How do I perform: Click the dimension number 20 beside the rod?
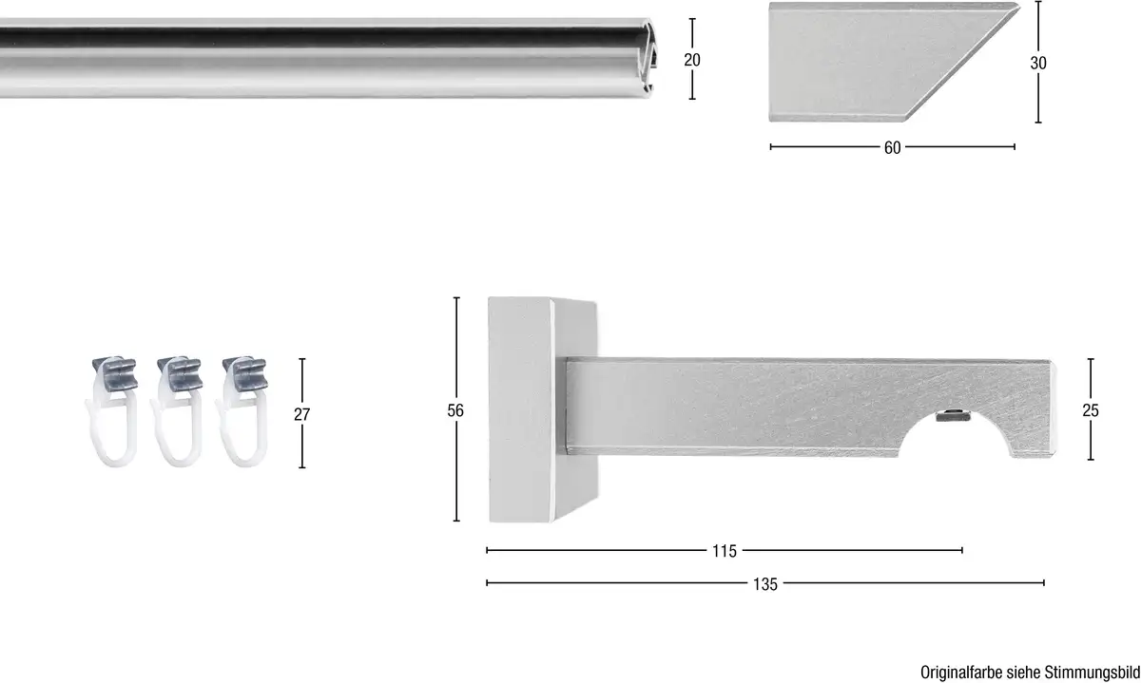(x=692, y=60)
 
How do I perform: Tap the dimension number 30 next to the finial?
(x=1038, y=63)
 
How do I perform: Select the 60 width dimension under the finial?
(x=893, y=147)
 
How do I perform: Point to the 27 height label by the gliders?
(x=302, y=414)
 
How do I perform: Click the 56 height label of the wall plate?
(x=455, y=410)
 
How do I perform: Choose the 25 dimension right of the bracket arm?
(x=1091, y=410)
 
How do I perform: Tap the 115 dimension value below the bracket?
(x=725, y=551)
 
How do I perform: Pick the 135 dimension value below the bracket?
(x=765, y=584)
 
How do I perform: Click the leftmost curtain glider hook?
(x=111, y=411)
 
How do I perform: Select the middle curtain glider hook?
(x=177, y=411)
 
